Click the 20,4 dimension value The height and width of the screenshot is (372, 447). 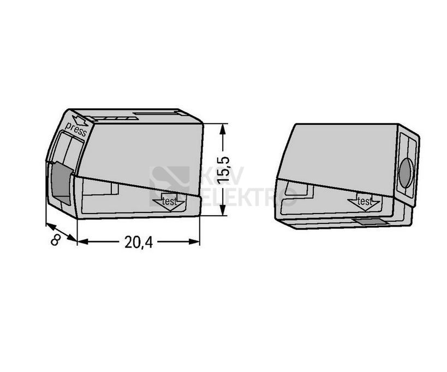[139, 243]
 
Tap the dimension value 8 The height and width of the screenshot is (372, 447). [56, 240]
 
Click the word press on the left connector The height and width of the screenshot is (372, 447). [75, 129]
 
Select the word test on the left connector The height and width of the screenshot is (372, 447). [169, 202]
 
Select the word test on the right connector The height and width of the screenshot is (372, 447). [365, 202]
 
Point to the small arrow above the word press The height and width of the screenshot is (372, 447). [80, 120]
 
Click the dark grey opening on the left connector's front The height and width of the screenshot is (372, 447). [61, 182]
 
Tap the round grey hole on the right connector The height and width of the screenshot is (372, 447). [406, 173]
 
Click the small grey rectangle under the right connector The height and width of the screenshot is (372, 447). [369, 221]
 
